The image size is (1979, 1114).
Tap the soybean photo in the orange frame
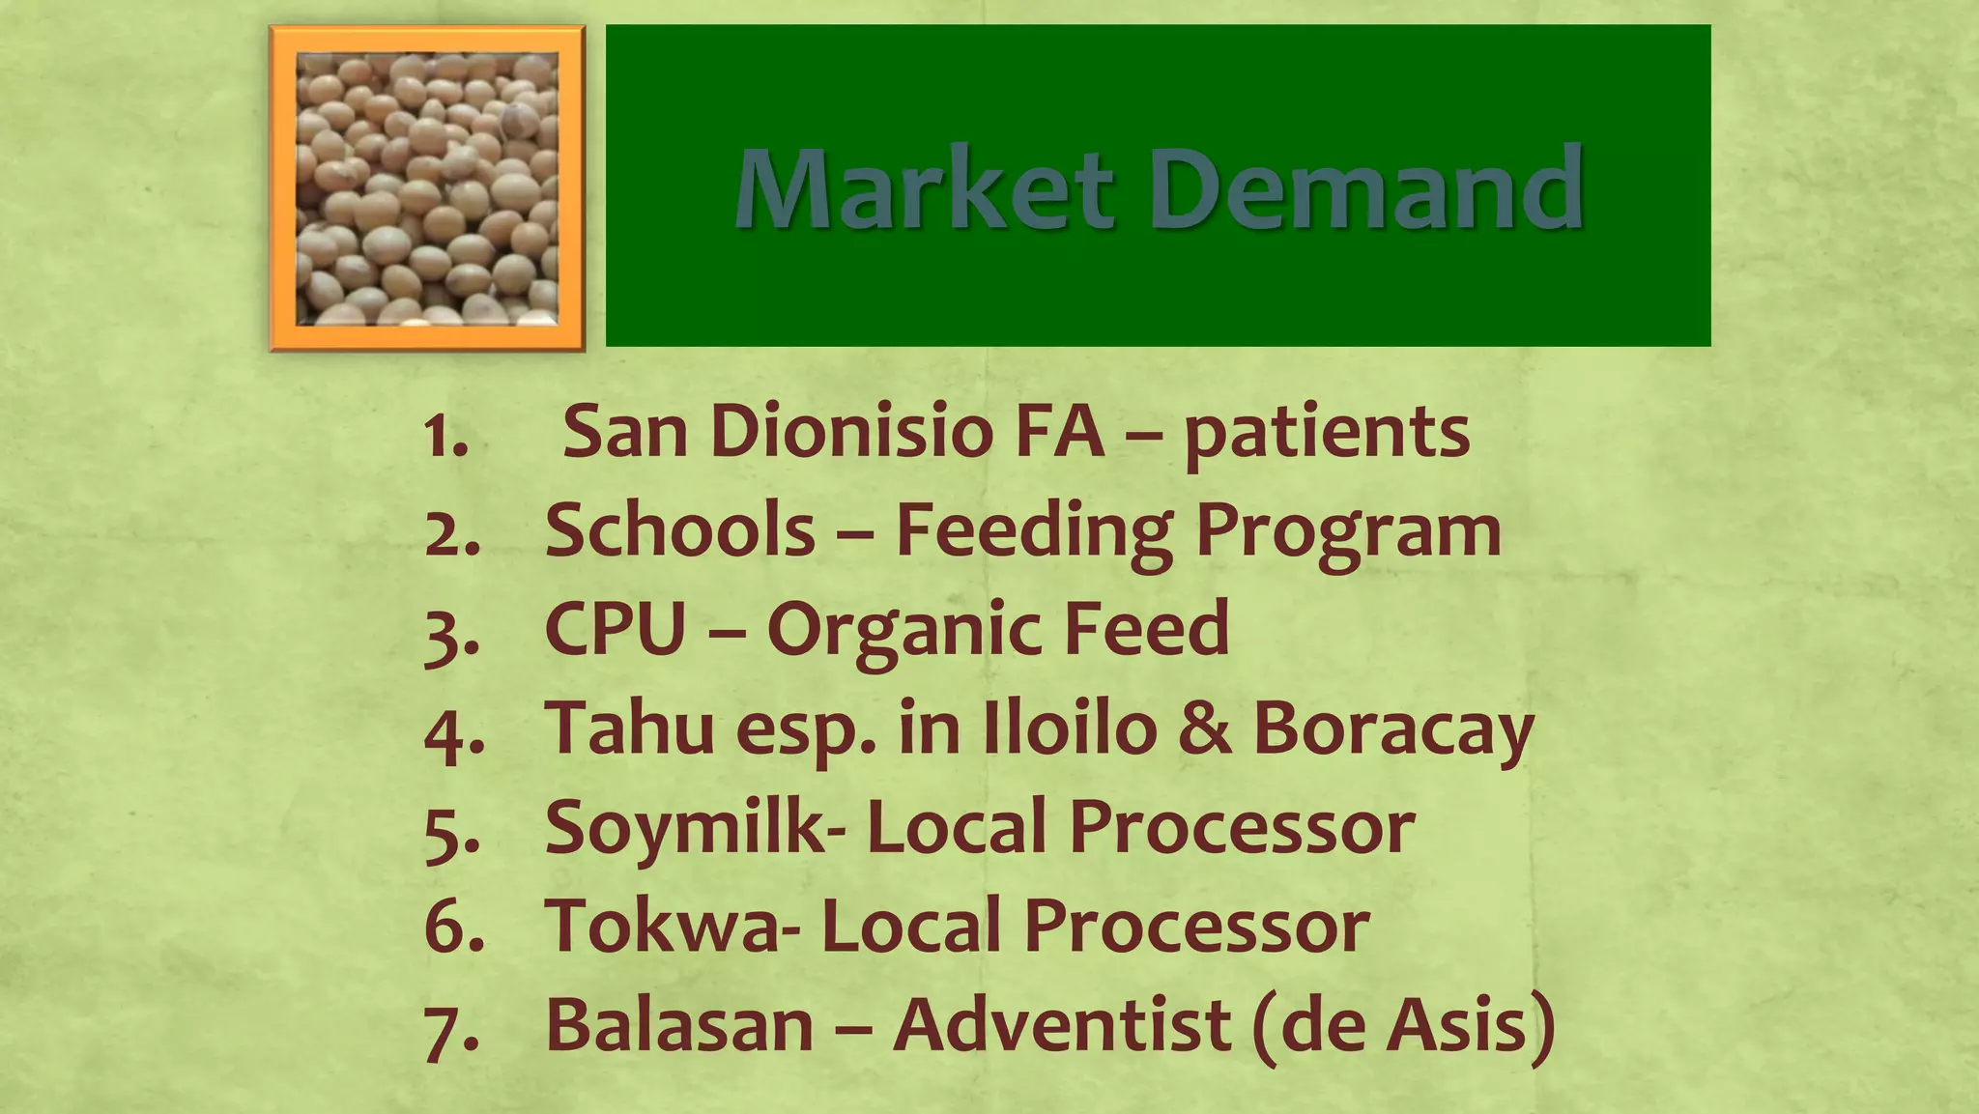427,188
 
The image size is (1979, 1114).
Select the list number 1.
445,438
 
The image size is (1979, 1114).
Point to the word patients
1327,432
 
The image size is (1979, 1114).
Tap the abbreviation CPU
616,629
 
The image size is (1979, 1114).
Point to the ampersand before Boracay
1204,728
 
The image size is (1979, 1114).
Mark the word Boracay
1393,730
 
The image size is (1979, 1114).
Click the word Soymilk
688,829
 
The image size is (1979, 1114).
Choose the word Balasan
679,1025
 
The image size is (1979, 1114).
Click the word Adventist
1061,1025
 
